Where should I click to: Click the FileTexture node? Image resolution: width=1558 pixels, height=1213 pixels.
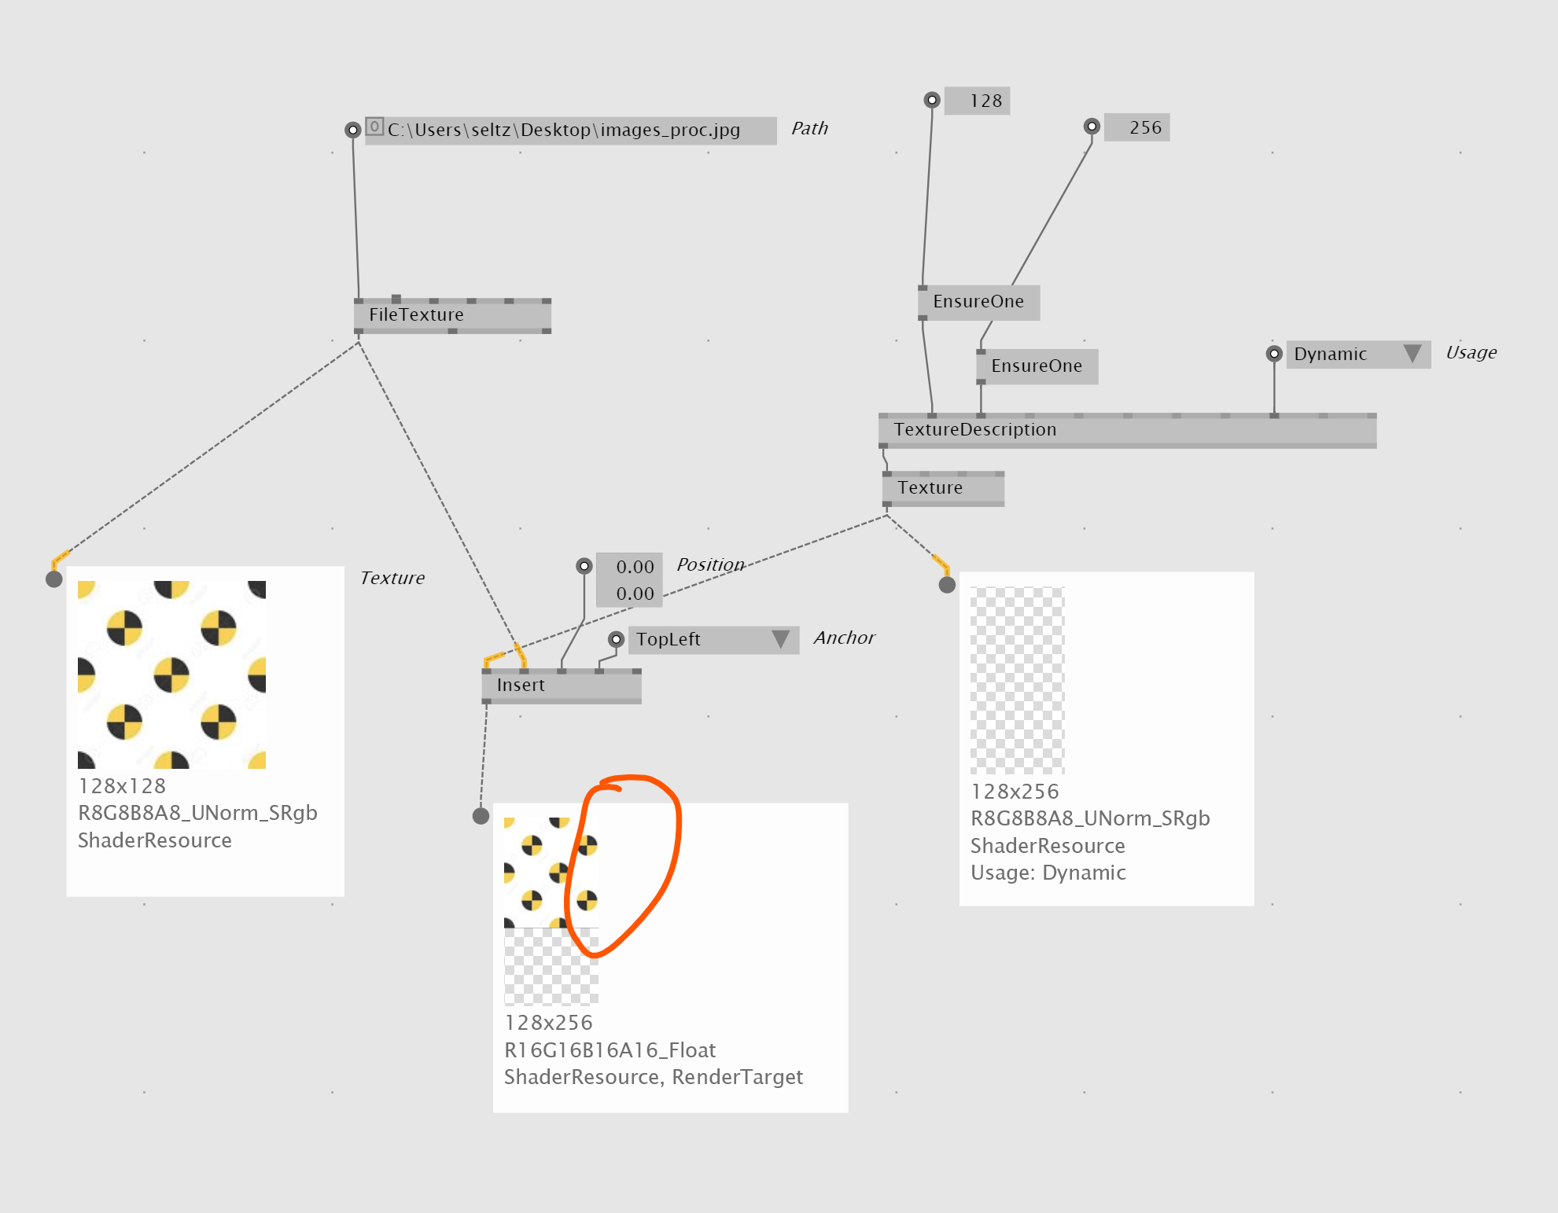tap(452, 315)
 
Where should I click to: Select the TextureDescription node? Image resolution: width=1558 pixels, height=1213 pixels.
tap(1127, 429)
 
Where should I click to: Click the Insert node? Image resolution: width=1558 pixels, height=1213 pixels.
tap(562, 686)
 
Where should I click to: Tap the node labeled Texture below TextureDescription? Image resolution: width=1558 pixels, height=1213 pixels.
tap(943, 488)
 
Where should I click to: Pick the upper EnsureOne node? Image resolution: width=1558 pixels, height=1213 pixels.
tap(979, 302)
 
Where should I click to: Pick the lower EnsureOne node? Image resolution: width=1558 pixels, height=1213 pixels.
tap(1037, 366)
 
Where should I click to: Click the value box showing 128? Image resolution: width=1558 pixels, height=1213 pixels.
tap(978, 101)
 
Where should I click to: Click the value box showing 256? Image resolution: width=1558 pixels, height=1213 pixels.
tap(1137, 127)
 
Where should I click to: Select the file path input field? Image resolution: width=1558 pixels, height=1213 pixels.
tap(571, 130)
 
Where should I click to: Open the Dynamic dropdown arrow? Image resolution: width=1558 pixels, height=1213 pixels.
tap(1413, 353)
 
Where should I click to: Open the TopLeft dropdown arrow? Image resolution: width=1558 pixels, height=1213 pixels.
tap(780, 638)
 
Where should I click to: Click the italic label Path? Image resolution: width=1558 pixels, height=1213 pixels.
tap(809, 128)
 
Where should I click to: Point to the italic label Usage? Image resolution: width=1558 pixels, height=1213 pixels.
tap(1471, 353)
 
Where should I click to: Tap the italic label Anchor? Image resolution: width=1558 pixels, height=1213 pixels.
tap(844, 638)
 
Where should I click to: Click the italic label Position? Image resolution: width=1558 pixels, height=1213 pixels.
tap(710, 564)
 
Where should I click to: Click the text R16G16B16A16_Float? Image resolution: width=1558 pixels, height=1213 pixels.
tap(610, 1050)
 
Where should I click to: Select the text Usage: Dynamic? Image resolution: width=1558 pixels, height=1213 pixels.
tap(1048, 873)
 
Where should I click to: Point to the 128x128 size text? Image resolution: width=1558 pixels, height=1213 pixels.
tap(122, 786)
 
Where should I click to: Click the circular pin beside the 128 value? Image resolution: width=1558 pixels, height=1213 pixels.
tap(932, 100)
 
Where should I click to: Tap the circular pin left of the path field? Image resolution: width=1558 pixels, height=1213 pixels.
tap(353, 130)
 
